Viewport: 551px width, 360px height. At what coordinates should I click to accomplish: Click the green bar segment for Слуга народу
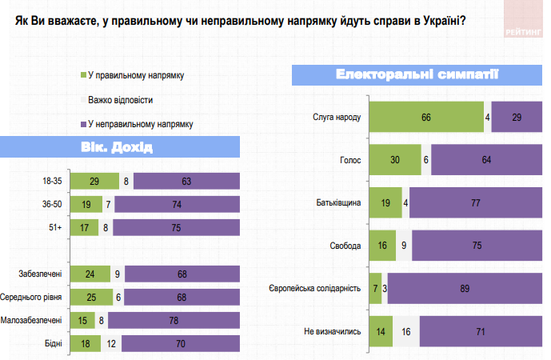[426, 118]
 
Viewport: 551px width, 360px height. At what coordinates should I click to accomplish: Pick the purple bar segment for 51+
[176, 227]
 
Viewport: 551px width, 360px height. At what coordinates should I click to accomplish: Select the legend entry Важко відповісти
[121, 100]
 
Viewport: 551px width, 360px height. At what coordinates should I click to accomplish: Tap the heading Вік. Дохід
[116, 148]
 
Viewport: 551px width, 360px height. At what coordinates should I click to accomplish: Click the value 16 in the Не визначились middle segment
[405, 330]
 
